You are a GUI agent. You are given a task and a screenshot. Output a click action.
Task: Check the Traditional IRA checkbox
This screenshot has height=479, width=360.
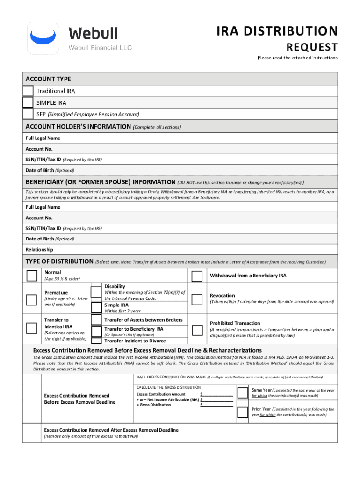click(x=28, y=91)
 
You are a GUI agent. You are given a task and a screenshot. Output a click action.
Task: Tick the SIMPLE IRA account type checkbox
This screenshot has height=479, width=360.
click(x=28, y=102)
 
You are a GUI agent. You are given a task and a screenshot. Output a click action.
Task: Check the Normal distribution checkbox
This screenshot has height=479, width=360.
click(x=32, y=276)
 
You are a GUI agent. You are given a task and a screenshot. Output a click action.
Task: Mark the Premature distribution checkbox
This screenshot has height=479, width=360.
click(x=32, y=299)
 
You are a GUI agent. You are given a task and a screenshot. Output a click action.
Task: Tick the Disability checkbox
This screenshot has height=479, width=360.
click(x=96, y=292)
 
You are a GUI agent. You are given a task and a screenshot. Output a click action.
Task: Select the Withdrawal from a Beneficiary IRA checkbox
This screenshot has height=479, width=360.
click(x=197, y=276)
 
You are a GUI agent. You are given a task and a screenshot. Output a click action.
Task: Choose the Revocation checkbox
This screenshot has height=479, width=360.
click(x=197, y=298)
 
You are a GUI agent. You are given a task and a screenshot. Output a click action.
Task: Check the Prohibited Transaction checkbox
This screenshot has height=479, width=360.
click(x=197, y=326)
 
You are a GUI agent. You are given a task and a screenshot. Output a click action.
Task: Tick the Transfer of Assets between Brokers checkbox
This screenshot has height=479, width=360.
click(x=96, y=320)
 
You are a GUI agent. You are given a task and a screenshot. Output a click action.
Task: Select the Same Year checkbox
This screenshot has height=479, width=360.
click(x=243, y=392)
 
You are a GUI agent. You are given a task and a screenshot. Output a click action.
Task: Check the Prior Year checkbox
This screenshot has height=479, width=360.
click(x=243, y=412)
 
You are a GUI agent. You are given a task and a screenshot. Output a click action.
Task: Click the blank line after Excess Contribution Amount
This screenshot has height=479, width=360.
click(x=217, y=394)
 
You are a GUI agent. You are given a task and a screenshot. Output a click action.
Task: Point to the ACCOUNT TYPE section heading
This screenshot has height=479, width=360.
click(x=48, y=79)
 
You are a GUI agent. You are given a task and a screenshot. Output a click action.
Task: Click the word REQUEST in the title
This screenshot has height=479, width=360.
click(x=312, y=47)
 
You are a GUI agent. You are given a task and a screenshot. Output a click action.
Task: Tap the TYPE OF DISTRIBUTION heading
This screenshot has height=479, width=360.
click(x=59, y=261)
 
